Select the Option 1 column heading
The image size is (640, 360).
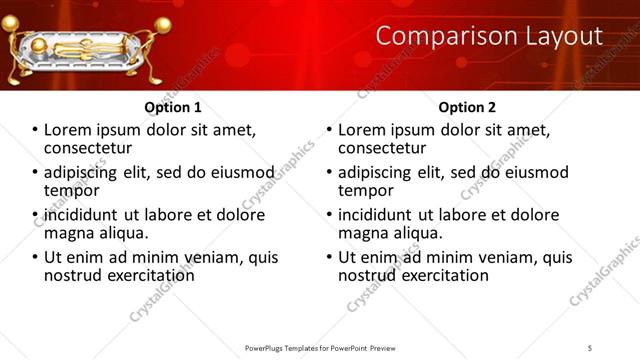point(172,107)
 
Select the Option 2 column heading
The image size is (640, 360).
point(467,107)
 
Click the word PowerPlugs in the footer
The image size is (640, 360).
point(267,348)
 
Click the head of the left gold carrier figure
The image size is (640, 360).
point(18,26)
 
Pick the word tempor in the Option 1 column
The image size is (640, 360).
point(71,190)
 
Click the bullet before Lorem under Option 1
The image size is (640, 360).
point(35,131)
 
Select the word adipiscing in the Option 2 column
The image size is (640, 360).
point(378,172)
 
